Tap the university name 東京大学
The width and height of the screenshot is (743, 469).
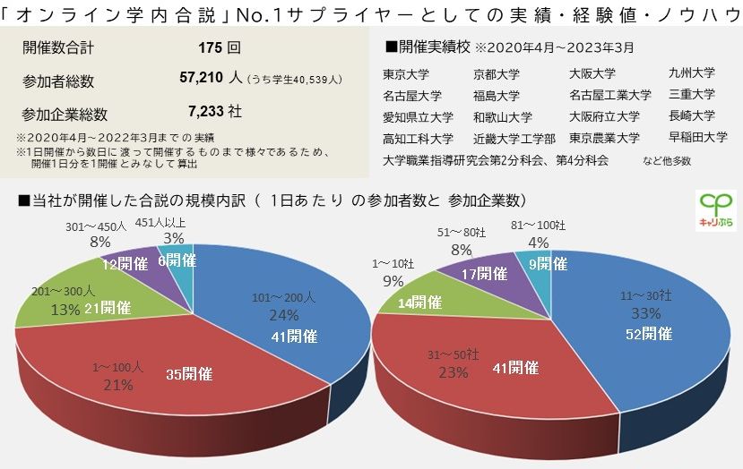[x=405, y=74]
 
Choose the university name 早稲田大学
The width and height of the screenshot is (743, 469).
[x=697, y=137]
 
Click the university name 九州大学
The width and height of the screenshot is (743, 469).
[x=691, y=73]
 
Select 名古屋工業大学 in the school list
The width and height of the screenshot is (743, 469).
[x=609, y=95]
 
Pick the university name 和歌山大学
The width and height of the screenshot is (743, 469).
[x=502, y=116]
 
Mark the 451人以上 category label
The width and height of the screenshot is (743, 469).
[x=160, y=223]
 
